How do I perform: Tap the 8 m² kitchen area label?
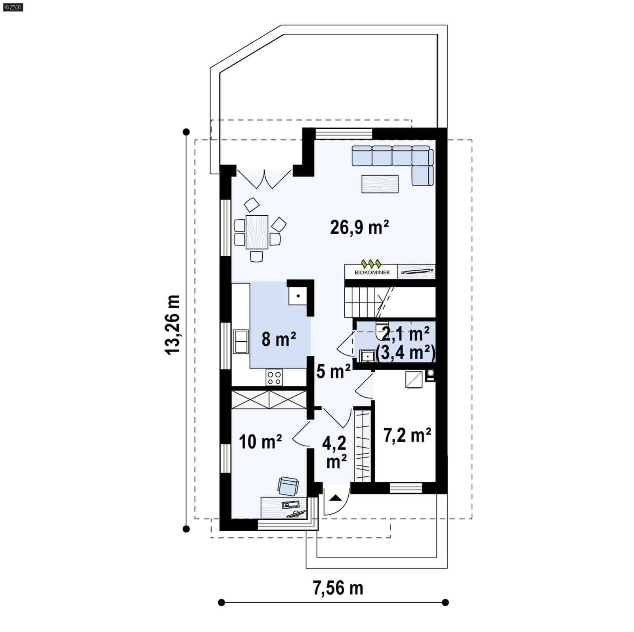279,339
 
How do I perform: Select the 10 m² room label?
260,441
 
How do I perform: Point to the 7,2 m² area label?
407,435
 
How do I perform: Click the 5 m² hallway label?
333,372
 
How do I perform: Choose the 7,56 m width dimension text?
338,588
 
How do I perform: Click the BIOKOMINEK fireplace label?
372,272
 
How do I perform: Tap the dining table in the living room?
257,232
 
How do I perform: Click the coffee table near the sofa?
380,184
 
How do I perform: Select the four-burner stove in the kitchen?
274,377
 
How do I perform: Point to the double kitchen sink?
241,341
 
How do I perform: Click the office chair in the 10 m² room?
288,486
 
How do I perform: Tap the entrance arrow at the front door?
336,498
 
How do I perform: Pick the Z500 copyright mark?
13,7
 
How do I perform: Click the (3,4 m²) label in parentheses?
405,352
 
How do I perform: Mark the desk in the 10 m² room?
283,508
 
